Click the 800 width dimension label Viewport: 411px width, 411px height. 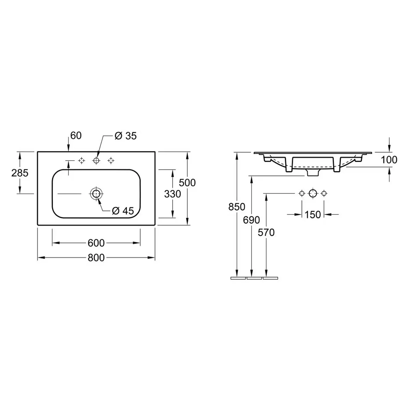pyautogui.click(x=96, y=258)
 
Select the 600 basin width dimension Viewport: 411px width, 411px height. pyautogui.click(x=96, y=243)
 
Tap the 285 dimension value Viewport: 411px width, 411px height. pyautogui.click(x=20, y=173)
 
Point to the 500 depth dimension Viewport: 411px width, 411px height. pyautogui.click(x=187, y=183)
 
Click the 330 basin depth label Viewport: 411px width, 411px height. pyautogui.click(x=173, y=194)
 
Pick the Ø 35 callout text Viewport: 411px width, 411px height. pyautogui.click(x=126, y=136)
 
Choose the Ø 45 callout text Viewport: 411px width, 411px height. pyautogui.click(x=123, y=211)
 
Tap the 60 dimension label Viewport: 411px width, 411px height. pyautogui.click(x=76, y=135)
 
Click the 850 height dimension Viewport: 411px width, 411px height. pyautogui.click(x=237, y=207)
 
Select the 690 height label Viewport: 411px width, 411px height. pyautogui.click(x=251, y=220)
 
